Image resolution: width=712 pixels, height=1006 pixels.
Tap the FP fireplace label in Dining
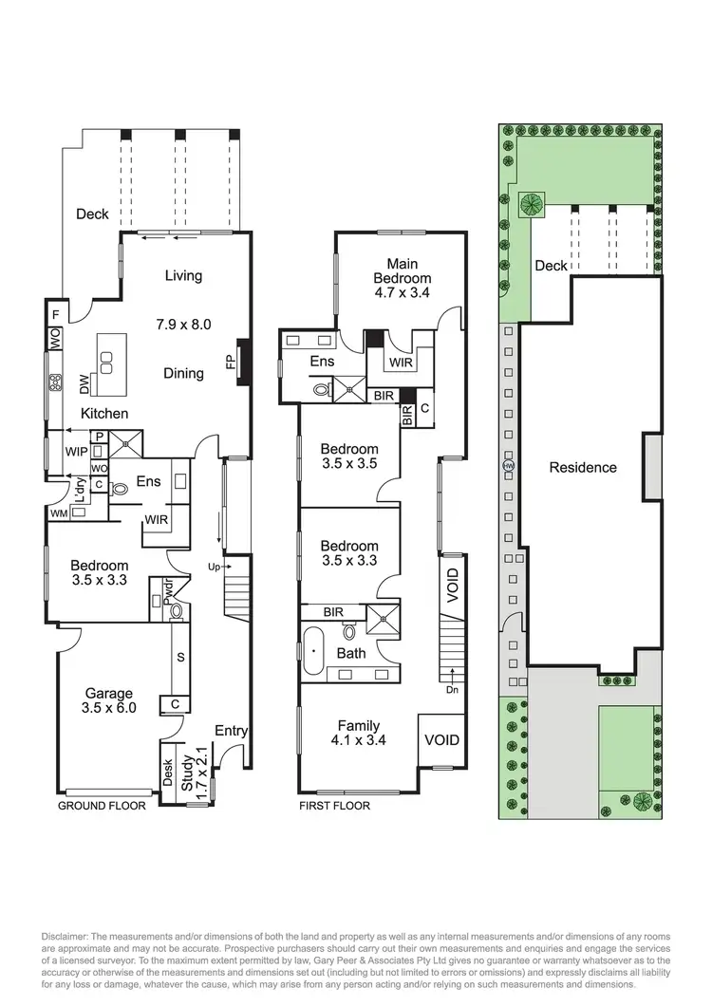point(230,363)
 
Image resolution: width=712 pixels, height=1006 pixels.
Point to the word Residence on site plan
point(582,467)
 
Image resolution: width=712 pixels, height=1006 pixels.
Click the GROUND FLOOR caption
point(103,806)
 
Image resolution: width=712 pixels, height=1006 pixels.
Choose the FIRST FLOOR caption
point(334,806)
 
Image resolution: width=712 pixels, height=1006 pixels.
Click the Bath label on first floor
point(350,654)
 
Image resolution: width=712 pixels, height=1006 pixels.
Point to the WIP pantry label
point(76,453)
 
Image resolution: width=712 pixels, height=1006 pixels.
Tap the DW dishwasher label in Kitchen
point(84,383)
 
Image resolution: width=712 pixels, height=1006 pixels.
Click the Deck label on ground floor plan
point(92,214)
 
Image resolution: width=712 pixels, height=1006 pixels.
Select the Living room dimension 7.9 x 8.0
point(183,324)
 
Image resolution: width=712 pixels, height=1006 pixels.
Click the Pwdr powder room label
point(167,592)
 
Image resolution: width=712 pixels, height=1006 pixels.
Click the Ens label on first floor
point(322,362)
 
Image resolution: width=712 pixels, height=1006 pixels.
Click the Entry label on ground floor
point(230,730)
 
